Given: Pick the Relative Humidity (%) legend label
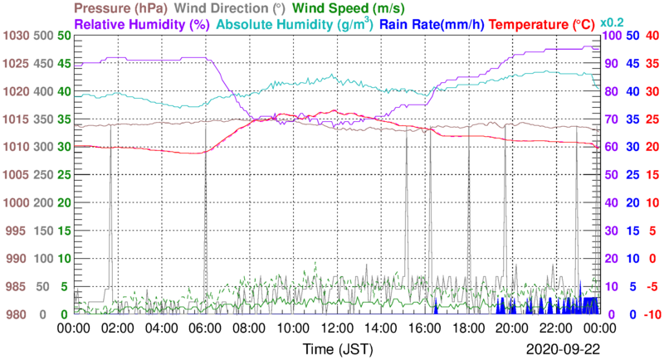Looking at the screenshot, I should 141,25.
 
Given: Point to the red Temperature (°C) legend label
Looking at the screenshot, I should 544,25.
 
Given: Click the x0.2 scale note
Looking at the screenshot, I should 612,22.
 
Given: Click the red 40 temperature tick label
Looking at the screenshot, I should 651,36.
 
